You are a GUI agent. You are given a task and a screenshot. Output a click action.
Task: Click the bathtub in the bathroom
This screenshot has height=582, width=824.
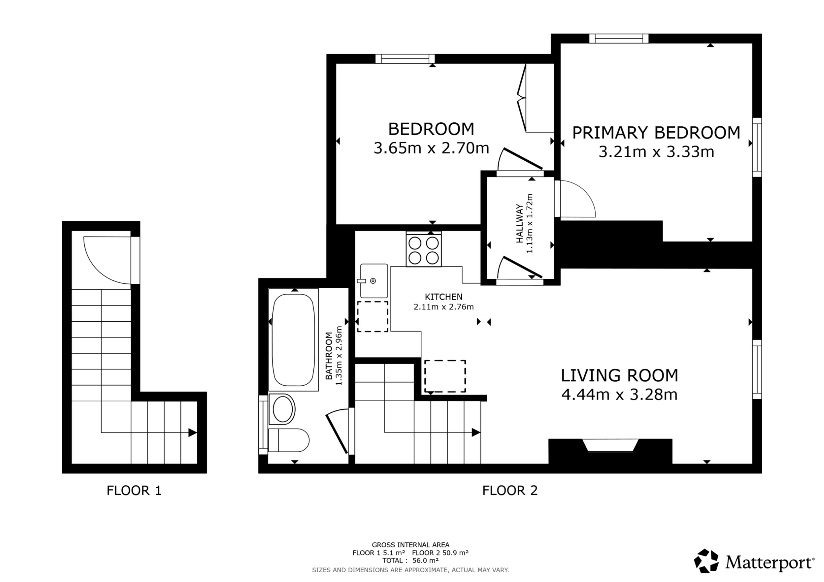tap(293, 340)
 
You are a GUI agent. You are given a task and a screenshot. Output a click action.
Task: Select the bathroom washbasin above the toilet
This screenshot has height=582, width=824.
tap(282, 409)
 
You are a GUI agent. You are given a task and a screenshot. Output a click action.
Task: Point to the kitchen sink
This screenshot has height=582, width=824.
tap(374, 281)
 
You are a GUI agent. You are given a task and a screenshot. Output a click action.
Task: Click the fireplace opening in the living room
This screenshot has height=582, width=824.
tap(610, 445)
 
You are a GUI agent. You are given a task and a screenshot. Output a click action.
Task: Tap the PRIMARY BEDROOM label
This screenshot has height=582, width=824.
tap(656, 133)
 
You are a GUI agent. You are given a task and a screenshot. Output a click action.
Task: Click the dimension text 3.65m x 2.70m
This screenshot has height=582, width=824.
tap(431, 148)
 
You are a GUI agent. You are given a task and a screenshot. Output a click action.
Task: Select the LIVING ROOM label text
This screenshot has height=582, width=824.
tap(620, 375)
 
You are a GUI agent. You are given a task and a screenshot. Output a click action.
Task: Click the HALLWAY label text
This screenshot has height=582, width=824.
tap(520, 228)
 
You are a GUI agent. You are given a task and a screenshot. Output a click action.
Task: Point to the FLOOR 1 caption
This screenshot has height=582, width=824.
tap(134, 491)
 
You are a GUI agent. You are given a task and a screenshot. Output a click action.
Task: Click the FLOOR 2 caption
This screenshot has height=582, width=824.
tap(510, 491)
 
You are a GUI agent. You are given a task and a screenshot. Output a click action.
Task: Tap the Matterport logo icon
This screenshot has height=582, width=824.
tap(706, 561)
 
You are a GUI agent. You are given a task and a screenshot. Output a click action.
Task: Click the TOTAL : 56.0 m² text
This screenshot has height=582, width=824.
tap(410, 560)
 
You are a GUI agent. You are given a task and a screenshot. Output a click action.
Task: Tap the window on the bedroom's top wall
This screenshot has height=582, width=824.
tap(405, 59)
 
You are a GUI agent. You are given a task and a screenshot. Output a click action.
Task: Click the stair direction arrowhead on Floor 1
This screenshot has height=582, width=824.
tap(192, 433)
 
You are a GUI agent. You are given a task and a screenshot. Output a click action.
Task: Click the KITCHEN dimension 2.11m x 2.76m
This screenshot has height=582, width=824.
tap(443, 307)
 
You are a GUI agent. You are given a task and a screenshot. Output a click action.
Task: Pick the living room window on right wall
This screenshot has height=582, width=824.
tap(757, 369)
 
